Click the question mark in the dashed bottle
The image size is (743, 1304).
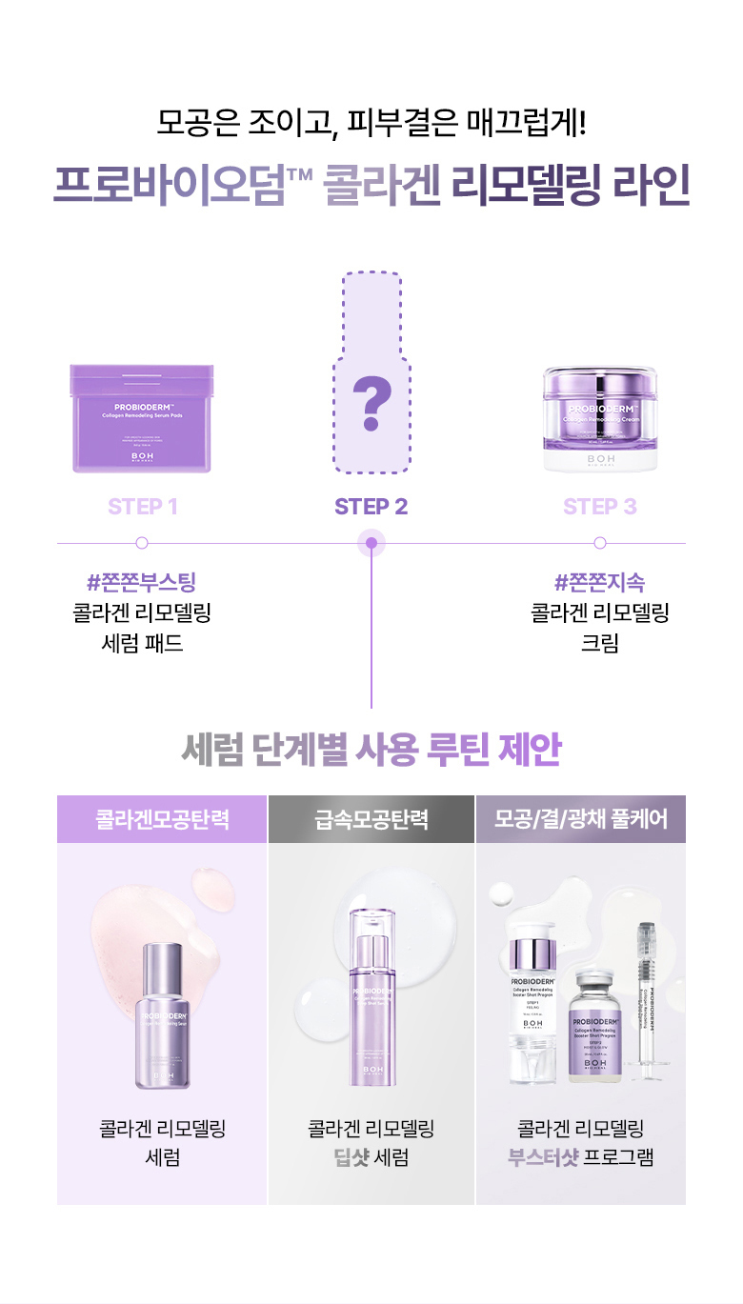(x=371, y=402)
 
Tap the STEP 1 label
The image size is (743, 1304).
(x=143, y=507)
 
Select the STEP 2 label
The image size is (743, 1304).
(x=371, y=507)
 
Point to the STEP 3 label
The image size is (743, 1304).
(x=600, y=507)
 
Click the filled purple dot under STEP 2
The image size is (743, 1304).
(x=371, y=544)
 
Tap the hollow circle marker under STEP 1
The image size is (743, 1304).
(x=142, y=543)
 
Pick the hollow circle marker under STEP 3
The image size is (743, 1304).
(x=600, y=543)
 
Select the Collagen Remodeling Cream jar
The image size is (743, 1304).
(x=600, y=419)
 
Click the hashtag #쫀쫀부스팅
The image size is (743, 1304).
(x=142, y=582)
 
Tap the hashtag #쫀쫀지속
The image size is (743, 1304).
(x=600, y=582)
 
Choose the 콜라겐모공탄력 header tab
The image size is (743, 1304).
(x=162, y=819)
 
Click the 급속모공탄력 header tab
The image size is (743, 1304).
(x=371, y=819)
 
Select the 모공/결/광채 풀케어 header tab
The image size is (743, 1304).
(x=581, y=819)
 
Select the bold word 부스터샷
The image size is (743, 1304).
(x=544, y=1158)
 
